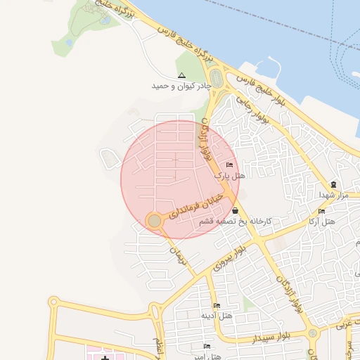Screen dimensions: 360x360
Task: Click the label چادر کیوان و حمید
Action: coord(181,86)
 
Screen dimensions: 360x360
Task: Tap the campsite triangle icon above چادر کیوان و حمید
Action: coord(181,75)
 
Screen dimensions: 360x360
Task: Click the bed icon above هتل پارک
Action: coord(230,165)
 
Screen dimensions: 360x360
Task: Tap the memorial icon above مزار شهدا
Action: coord(333,184)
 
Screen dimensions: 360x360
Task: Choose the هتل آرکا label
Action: coord(321,221)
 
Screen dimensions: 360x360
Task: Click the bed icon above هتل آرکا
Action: coord(321,211)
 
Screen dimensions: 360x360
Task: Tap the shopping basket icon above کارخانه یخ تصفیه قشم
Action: coord(234,210)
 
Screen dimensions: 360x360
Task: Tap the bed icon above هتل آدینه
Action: coord(216,305)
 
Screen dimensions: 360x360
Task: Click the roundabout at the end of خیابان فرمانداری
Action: coord(155,221)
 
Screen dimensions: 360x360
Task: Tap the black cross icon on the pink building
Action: coord(105,359)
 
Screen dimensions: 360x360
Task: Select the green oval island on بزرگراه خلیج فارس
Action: coord(217,80)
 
